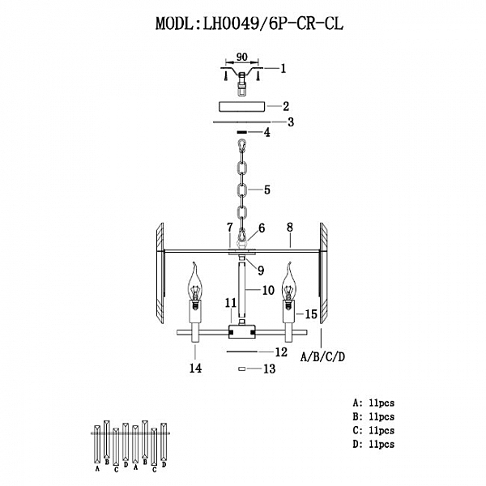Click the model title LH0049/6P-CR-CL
click(x=249, y=23)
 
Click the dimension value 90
click(x=241, y=58)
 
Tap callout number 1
click(x=283, y=70)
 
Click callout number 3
click(x=290, y=122)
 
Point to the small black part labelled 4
click(x=241, y=132)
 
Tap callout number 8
click(x=289, y=230)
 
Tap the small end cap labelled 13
click(x=241, y=369)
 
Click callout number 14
click(x=194, y=368)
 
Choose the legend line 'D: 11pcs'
click(x=373, y=445)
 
